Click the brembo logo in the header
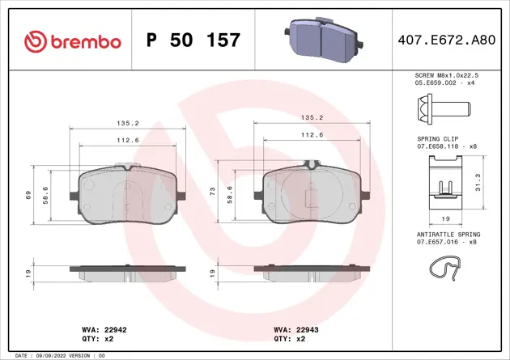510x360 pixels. [73, 40]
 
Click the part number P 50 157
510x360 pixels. [193, 40]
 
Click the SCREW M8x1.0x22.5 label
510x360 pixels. [454, 75]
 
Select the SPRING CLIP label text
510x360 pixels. [437, 139]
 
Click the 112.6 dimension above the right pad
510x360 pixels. [312, 135]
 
